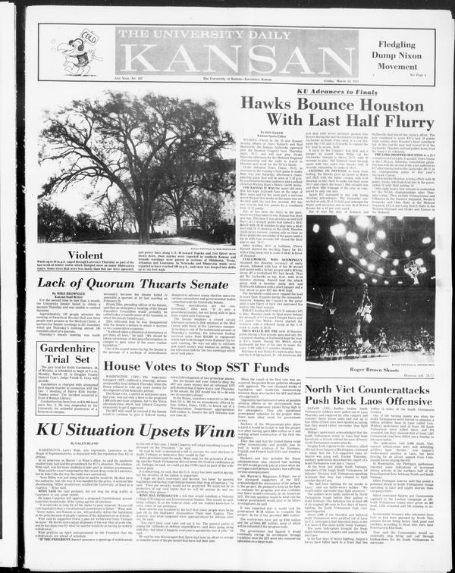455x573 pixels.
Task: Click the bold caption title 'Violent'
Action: (85, 255)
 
